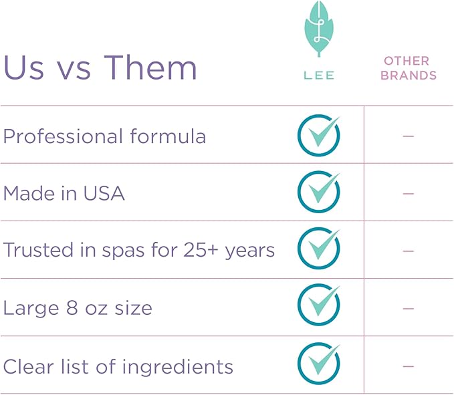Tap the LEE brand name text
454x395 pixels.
click(318, 75)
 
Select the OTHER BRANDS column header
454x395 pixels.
click(409, 68)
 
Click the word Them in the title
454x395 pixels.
click(151, 68)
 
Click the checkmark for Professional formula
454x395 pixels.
click(318, 136)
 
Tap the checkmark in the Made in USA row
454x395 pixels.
click(318, 193)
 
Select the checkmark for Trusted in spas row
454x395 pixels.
click(318, 250)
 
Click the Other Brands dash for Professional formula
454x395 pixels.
click(409, 136)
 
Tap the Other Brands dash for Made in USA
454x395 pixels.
click(409, 194)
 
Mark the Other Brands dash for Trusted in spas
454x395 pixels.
click(409, 251)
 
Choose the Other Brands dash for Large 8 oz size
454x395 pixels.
click(409, 309)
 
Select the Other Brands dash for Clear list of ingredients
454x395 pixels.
click(409, 366)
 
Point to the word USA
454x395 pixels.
click(104, 194)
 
